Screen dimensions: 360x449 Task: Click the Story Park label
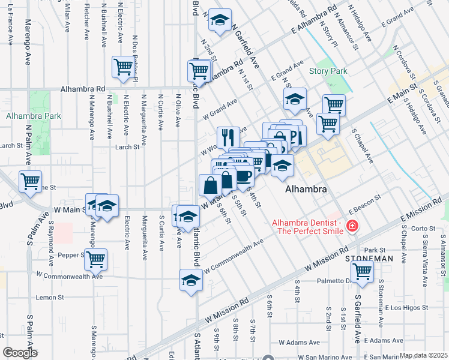[328, 71]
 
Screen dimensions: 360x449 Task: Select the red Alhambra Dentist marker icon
[352, 226]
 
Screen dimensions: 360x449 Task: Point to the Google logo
[19, 353]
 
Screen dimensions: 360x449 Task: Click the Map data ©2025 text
[423, 355]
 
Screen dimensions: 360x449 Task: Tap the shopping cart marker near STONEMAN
[363, 271]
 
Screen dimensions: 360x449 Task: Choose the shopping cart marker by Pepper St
[95, 259]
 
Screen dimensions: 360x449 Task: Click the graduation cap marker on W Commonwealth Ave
[191, 280]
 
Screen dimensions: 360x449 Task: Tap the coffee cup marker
[244, 176]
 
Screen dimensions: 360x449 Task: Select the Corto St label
[423, 228]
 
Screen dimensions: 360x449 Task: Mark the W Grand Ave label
[220, 110]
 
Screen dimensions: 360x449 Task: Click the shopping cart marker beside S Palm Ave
[30, 181]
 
